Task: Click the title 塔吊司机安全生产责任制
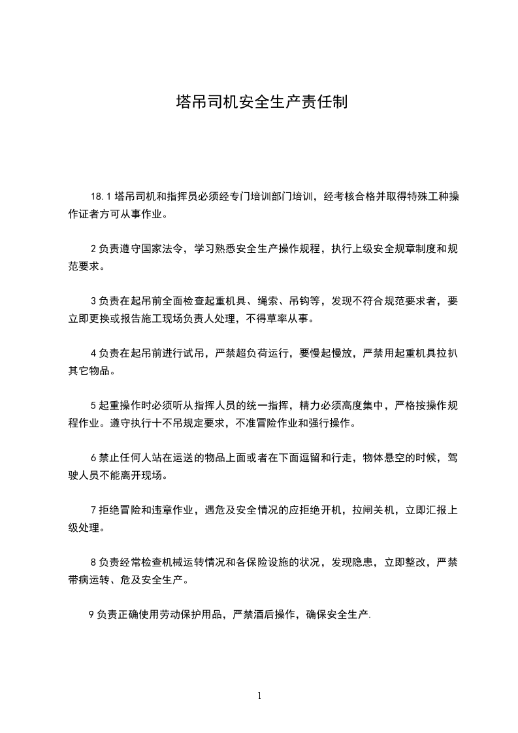(x=259, y=103)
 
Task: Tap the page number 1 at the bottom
(x=259, y=696)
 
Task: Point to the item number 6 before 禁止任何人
(x=94, y=458)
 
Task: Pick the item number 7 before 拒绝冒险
(x=94, y=510)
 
